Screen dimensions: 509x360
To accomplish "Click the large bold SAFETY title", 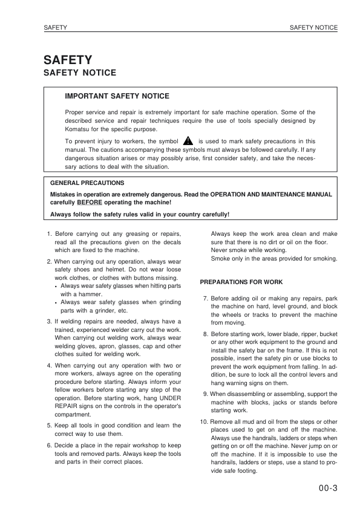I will [x=68, y=60].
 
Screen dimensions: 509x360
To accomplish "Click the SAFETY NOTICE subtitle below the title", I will [x=79, y=73].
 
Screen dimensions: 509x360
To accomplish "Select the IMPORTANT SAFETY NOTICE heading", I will [x=117, y=96].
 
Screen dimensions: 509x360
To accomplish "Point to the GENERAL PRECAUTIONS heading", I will [x=87, y=183].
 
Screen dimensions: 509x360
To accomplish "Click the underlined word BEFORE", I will [x=89, y=204].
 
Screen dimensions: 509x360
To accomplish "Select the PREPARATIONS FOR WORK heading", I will [x=241, y=282].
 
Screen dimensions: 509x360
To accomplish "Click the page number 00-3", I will [x=327, y=488].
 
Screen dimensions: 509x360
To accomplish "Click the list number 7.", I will [x=206, y=299].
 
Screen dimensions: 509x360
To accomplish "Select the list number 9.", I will [x=206, y=394].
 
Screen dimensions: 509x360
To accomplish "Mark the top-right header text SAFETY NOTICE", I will [x=313, y=28].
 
